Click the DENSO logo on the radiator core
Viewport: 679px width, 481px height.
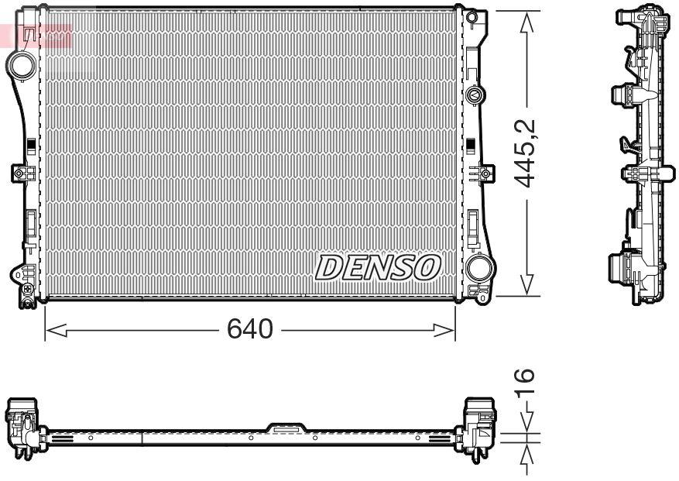coord(378,268)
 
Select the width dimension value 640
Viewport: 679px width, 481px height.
coord(249,330)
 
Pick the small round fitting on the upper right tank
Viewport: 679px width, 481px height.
coord(474,95)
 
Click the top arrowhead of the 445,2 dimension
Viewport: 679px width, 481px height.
coord(528,20)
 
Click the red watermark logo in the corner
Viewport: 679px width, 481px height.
coord(37,35)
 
